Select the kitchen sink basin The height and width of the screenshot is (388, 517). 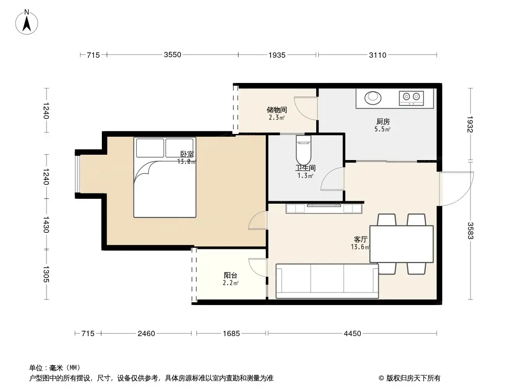pyautogui.click(x=372, y=97)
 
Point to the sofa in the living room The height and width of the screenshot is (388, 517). pyautogui.click(x=327, y=281)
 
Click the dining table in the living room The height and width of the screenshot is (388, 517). pyautogui.click(x=402, y=244)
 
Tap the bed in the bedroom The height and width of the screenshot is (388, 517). pyautogui.click(x=165, y=177)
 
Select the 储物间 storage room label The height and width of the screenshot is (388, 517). pyautogui.click(x=276, y=110)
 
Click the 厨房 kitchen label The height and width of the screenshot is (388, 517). pyautogui.click(x=382, y=122)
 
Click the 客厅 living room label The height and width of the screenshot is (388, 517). pyautogui.click(x=360, y=240)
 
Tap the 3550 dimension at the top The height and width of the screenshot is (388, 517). pyautogui.click(x=172, y=55)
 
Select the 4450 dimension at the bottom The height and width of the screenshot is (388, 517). pyautogui.click(x=352, y=334)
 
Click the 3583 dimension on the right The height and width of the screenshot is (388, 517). pyautogui.click(x=469, y=230)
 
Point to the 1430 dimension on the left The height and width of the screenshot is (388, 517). pyautogui.click(x=46, y=224)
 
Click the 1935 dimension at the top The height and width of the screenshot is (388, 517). pyautogui.click(x=277, y=55)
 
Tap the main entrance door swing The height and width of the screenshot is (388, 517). pyautogui.click(x=456, y=189)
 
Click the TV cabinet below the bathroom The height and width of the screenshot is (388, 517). pyautogui.click(x=324, y=209)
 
